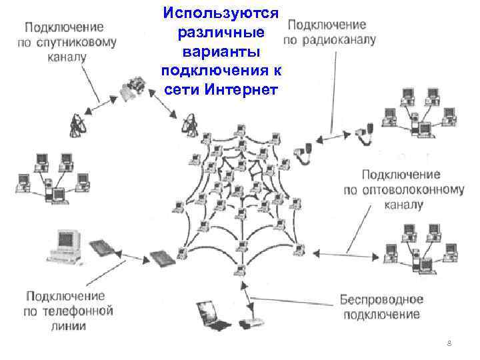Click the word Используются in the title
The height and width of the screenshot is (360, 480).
click(223, 13)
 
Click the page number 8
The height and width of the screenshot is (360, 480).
click(449, 343)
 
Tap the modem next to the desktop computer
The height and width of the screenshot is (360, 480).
click(104, 248)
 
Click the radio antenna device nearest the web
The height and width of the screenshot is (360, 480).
click(307, 151)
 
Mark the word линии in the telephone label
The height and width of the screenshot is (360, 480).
click(66, 326)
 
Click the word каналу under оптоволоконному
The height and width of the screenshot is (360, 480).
click(403, 205)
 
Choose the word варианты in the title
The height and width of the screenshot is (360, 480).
click(223, 51)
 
